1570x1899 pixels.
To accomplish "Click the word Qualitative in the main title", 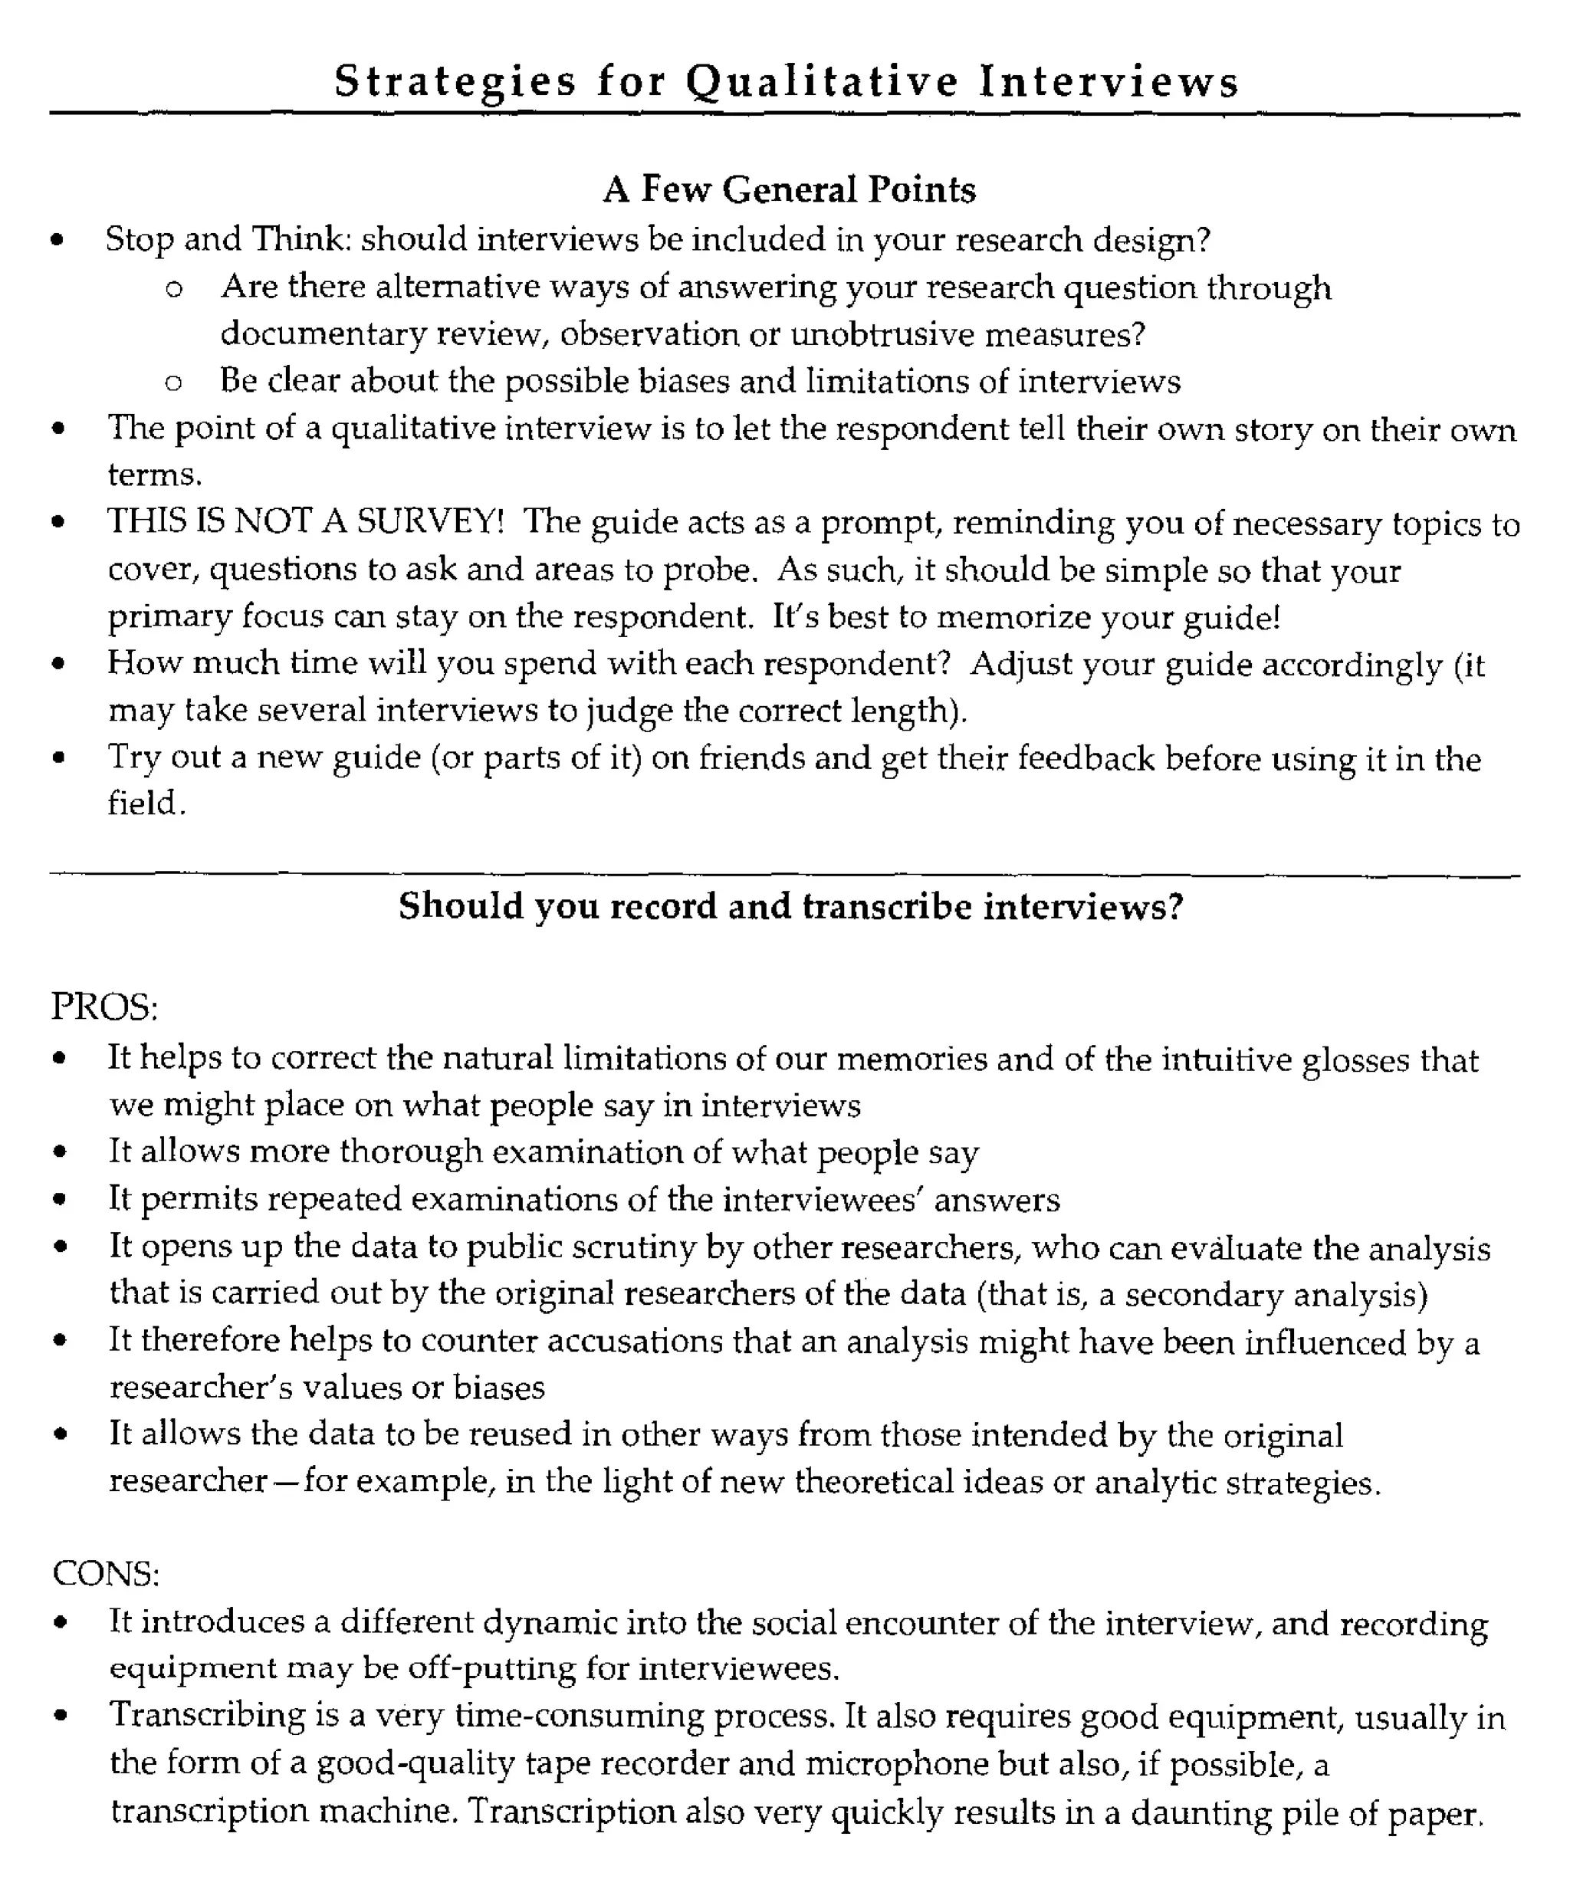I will (x=821, y=82).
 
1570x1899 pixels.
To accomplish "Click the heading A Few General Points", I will (x=790, y=189).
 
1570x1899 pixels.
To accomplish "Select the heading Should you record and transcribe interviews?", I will (x=790, y=906).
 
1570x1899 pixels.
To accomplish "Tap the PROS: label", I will (x=105, y=1007).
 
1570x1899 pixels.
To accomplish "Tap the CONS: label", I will (x=106, y=1573).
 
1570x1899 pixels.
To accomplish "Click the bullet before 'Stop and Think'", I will (x=58, y=241).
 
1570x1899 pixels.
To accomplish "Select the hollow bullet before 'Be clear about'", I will (x=174, y=383).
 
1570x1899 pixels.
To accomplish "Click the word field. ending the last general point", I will (x=146, y=803).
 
